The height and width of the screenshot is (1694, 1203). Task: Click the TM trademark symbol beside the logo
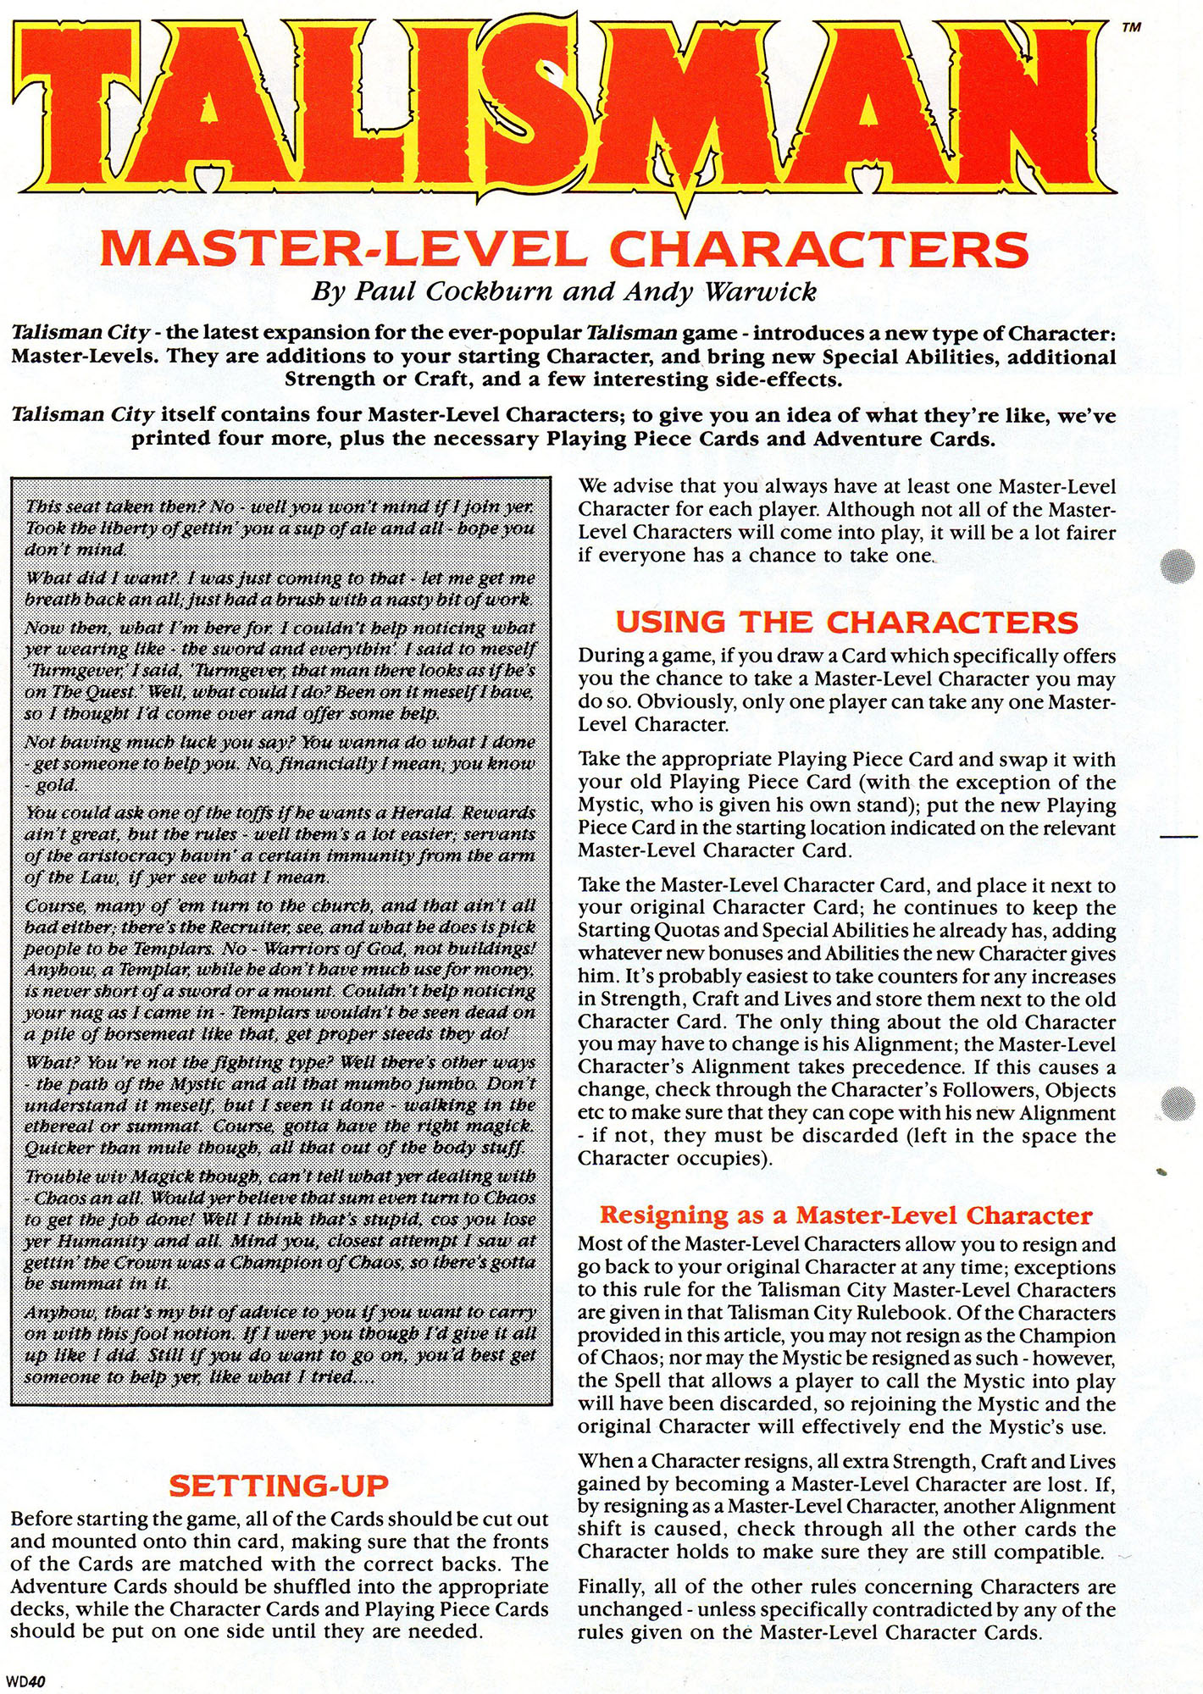tap(1131, 27)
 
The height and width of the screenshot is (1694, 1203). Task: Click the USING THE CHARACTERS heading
tap(846, 623)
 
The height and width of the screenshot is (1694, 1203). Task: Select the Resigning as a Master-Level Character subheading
tap(845, 1215)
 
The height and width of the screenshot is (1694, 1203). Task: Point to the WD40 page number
tap(25, 1682)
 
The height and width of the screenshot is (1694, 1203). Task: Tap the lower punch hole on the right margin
tap(1179, 1104)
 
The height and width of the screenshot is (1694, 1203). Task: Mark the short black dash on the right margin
tap(1179, 836)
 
